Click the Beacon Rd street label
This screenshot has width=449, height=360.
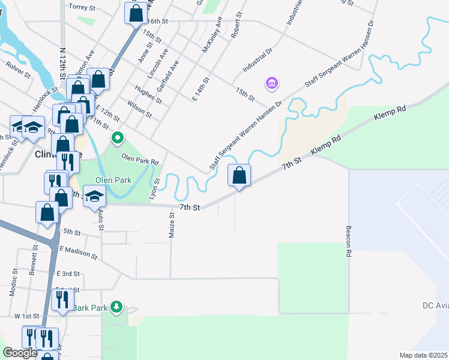[x=348, y=241]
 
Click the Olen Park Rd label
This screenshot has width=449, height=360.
[x=140, y=160]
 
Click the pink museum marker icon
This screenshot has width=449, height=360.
[x=271, y=83]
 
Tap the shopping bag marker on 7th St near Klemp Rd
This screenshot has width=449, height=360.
[x=239, y=175]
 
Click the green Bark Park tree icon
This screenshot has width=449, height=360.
[x=116, y=308]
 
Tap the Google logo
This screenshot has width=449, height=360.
[x=20, y=353]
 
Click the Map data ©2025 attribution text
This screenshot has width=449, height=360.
[x=424, y=355]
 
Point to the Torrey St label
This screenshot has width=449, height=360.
[x=83, y=7]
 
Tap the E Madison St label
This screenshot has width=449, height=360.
[x=76, y=251]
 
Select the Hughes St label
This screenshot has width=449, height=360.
[x=148, y=95]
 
